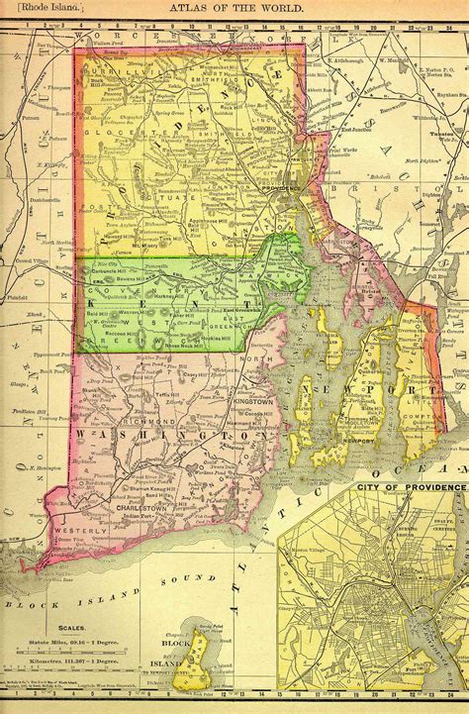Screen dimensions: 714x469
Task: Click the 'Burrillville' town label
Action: [x=115, y=73]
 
